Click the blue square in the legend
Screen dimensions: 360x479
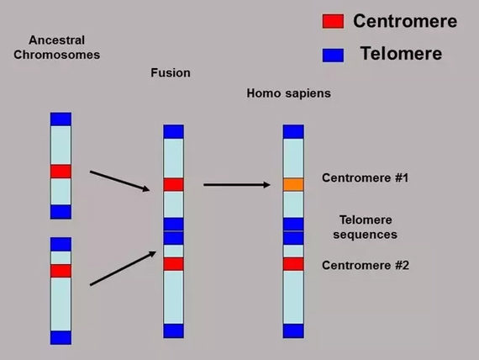[334, 56]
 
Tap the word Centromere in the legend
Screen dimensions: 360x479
[405, 21]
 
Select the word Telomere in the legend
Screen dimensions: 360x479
[401, 55]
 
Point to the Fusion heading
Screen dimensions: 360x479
[170, 73]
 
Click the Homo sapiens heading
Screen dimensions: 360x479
[288, 93]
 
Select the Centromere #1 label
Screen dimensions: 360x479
[365, 178]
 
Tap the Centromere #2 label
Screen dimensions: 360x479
[365, 266]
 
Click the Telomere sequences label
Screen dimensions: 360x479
[367, 226]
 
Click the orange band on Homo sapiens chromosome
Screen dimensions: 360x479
[292, 184]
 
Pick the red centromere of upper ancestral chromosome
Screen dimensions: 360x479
[61, 172]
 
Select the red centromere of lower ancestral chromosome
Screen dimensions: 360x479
[61, 271]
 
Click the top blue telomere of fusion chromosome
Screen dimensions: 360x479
[173, 131]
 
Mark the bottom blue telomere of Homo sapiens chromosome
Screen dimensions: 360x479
[292, 331]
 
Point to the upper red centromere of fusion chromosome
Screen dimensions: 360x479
[173, 184]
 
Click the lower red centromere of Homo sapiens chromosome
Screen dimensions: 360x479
[292, 264]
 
